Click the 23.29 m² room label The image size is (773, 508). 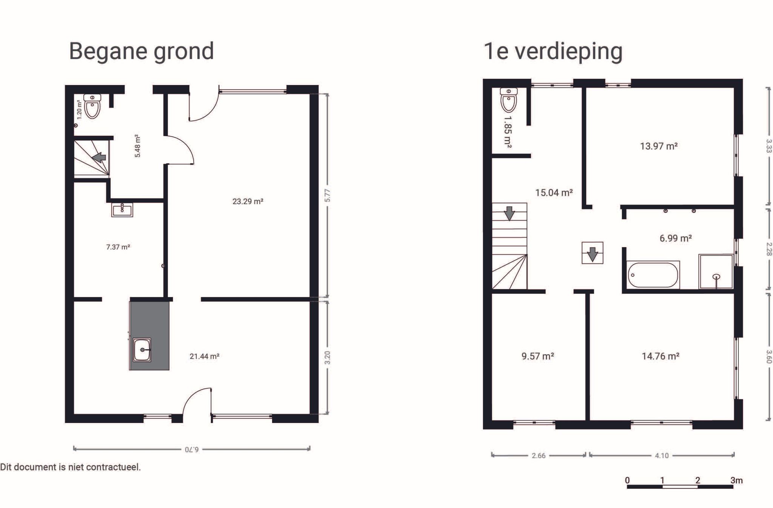248,202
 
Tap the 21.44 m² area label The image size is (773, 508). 204,356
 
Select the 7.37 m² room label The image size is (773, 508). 118,247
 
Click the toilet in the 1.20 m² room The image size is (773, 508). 92,106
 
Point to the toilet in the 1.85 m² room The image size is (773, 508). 508,100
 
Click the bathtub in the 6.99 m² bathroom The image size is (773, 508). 653,275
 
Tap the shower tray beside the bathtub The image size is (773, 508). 716,271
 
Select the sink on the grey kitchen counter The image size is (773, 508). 142,350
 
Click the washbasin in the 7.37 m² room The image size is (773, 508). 122,209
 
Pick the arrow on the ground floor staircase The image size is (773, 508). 99,157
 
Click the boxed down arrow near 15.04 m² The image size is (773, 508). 592,253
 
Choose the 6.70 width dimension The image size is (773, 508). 192,449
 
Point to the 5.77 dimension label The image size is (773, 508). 327,195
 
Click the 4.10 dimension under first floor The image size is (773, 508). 661,456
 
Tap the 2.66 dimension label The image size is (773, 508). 538,456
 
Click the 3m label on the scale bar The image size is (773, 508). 736,480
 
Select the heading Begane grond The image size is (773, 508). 141,51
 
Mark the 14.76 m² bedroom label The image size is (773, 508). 661,356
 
